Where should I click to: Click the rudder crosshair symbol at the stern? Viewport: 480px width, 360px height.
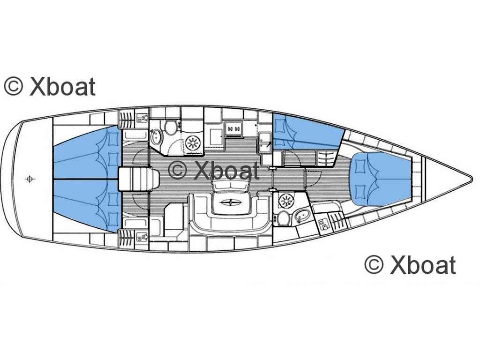click(30, 179)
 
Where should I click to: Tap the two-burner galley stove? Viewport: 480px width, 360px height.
click(234, 128)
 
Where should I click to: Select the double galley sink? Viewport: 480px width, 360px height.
click(264, 142)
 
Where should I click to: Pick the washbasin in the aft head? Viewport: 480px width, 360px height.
click(156, 137)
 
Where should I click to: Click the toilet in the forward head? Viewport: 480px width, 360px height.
click(284, 218)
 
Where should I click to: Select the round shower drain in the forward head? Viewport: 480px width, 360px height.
click(285, 201)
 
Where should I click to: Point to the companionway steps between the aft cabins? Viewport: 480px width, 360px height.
click(139, 179)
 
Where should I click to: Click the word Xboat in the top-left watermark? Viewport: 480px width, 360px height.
click(62, 87)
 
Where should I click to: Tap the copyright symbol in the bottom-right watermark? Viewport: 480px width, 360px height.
click(374, 265)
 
